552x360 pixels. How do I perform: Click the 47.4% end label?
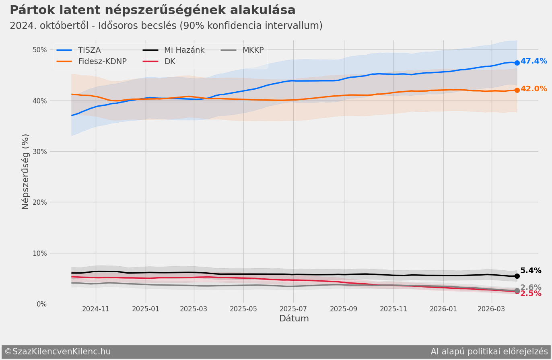pyautogui.click(x=533, y=61)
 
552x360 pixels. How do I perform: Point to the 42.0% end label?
pyautogui.click(x=533, y=89)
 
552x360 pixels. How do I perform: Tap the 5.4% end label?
pyautogui.click(x=531, y=271)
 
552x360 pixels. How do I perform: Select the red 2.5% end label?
pyautogui.click(x=531, y=294)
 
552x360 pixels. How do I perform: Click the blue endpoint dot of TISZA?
pyautogui.click(x=517, y=63)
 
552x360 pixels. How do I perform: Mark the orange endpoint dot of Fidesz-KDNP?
pyautogui.click(x=517, y=90)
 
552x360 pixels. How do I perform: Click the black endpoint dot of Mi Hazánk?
pyautogui.click(x=517, y=276)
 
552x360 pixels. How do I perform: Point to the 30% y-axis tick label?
pyautogui.click(x=39, y=152)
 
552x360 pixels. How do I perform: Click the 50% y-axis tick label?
pyautogui.click(x=39, y=50)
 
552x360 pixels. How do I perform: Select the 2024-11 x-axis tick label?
pyautogui.click(x=96, y=309)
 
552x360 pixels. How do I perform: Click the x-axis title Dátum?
pyautogui.click(x=294, y=319)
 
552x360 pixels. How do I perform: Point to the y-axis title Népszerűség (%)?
pyautogui.click(x=26, y=171)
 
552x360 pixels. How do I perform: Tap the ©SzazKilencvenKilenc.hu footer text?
pyautogui.click(x=58, y=352)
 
